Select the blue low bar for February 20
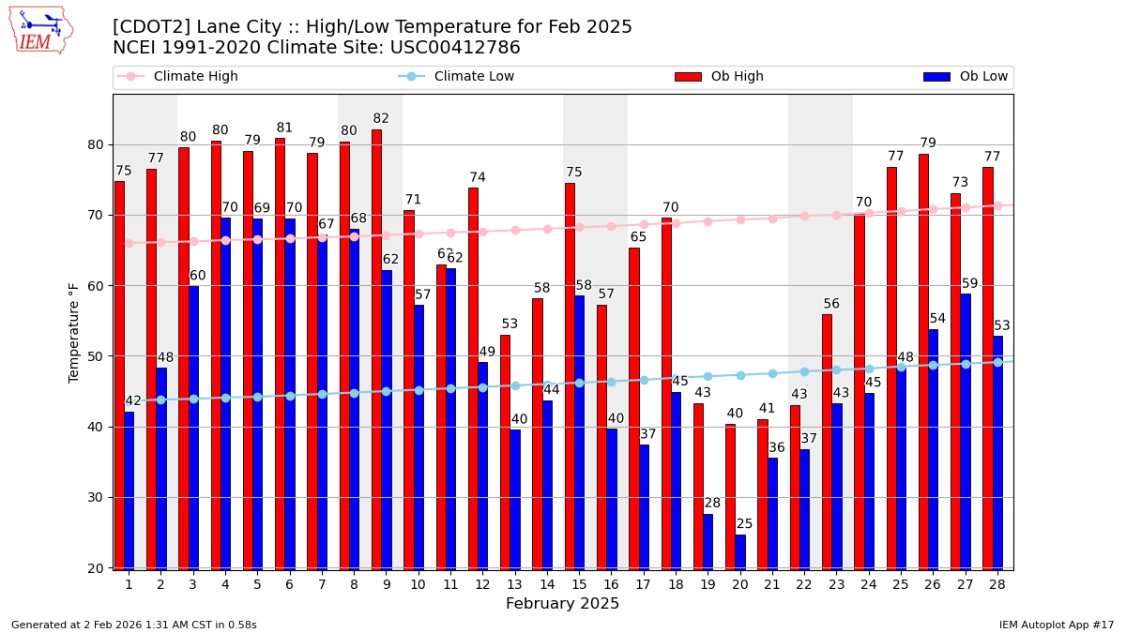(x=740, y=551)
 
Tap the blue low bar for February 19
(x=708, y=541)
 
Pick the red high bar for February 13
(x=505, y=451)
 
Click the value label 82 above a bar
(x=381, y=119)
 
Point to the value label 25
(x=745, y=524)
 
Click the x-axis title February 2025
(x=562, y=604)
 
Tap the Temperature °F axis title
(x=74, y=332)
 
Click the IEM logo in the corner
(x=40, y=30)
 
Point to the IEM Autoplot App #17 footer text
(x=1056, y=625)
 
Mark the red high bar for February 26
(x=923, y=361)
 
